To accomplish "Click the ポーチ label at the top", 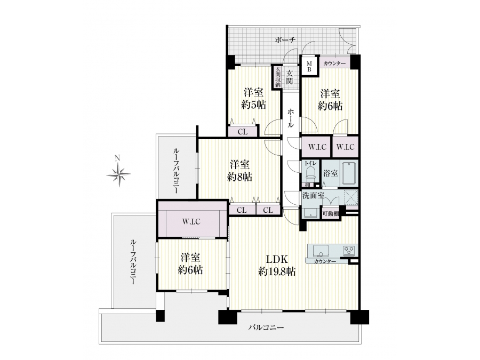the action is [285, 39].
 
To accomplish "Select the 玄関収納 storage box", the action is [278, 77].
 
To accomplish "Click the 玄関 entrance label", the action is [289, 77].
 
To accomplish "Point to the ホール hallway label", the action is [291, 118].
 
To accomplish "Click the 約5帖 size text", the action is [253, 105].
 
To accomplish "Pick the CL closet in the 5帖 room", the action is [243, 132].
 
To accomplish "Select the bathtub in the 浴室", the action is [349, 173].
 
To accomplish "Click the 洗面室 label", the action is [313, 195].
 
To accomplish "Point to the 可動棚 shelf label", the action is [331, 214].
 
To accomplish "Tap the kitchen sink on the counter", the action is [320, 251].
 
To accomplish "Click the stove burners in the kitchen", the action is [349, 251].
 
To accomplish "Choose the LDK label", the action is [277, 259].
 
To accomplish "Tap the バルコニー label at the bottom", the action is [266, 327].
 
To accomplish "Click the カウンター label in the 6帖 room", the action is [334, 63].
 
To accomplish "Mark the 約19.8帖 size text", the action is [277, 271].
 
